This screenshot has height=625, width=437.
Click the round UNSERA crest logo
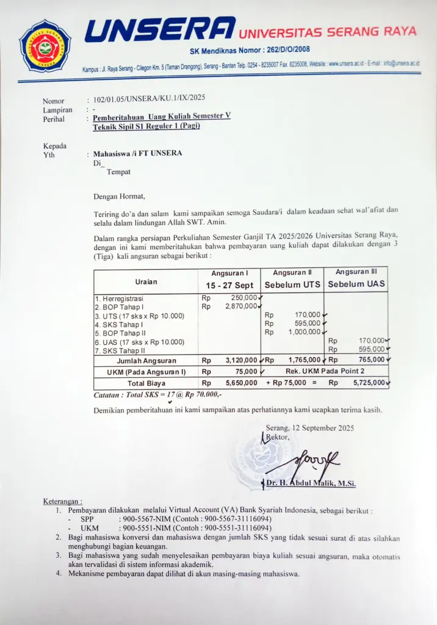pos(45,46)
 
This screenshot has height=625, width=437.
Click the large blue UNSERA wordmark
pos(160,30)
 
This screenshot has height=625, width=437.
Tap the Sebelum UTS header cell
pos(292,285)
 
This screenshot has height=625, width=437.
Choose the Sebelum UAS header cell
pos(357,284)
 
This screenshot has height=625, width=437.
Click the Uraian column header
pos(146,281)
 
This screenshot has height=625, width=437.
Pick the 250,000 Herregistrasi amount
pos(244,297)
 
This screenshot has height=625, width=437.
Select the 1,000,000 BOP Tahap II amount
pos(304,332)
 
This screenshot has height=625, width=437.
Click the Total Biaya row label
pos(146,383)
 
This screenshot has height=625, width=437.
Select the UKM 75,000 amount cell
pos(246,372)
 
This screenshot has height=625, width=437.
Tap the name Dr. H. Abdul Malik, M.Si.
pos(311,483)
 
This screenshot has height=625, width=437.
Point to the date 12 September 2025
pos(323,428)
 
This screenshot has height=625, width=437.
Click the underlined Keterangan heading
pos(62,501)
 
